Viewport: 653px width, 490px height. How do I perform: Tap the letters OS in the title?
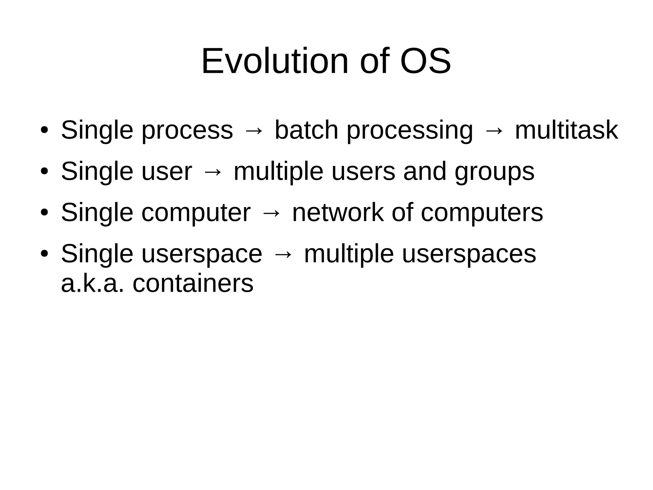coord(425,61)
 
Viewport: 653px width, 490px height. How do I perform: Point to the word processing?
coord(410,131)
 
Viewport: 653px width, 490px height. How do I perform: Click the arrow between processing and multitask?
coord(494,131)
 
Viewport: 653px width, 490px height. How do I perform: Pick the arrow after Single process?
coord(254,131)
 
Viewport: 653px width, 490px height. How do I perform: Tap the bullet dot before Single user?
coord(44,171)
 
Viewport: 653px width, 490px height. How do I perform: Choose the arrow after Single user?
coord(213,172)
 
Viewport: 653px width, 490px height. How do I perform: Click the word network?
coord(338,212)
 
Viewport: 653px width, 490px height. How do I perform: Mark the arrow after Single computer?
coord(271,213)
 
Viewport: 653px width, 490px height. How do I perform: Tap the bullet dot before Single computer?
coord(44,212)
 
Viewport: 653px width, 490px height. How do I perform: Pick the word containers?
coord(193,283)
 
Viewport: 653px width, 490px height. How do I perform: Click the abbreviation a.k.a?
coord(92,283)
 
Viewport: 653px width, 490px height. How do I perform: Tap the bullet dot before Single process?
coord(44,130)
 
